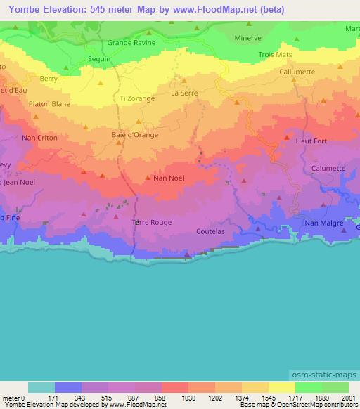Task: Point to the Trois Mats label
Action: [x=274, y=54]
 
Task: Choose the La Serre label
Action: [x=185, y=93]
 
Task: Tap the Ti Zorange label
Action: [x=138, y=99]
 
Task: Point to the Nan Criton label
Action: [x=40, y=138]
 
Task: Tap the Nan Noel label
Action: [x=169, y=178]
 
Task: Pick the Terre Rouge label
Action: [x=151, y=223]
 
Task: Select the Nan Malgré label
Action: [x=323, y=223]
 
